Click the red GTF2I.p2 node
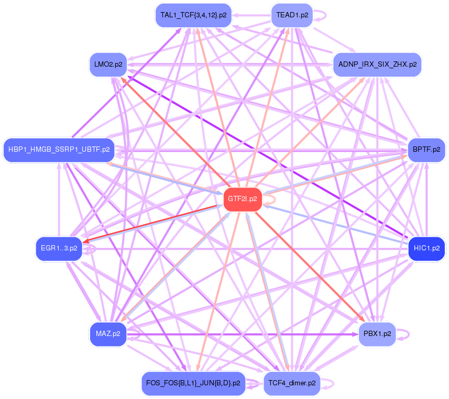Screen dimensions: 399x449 243,199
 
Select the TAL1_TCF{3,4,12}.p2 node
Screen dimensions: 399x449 193,15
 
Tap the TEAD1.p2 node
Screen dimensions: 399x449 292,15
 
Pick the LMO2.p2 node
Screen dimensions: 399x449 108,65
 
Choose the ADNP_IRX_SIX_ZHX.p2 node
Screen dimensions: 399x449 377,65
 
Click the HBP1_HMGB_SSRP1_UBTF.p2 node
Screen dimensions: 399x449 58,150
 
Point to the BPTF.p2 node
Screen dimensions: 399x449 426,150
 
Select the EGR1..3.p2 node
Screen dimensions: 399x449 58,248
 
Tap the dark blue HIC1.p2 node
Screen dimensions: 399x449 426,248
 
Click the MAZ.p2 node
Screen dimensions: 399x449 108,334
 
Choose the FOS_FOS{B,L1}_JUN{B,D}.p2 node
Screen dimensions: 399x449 193,383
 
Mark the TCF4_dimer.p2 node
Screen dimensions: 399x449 292,383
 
